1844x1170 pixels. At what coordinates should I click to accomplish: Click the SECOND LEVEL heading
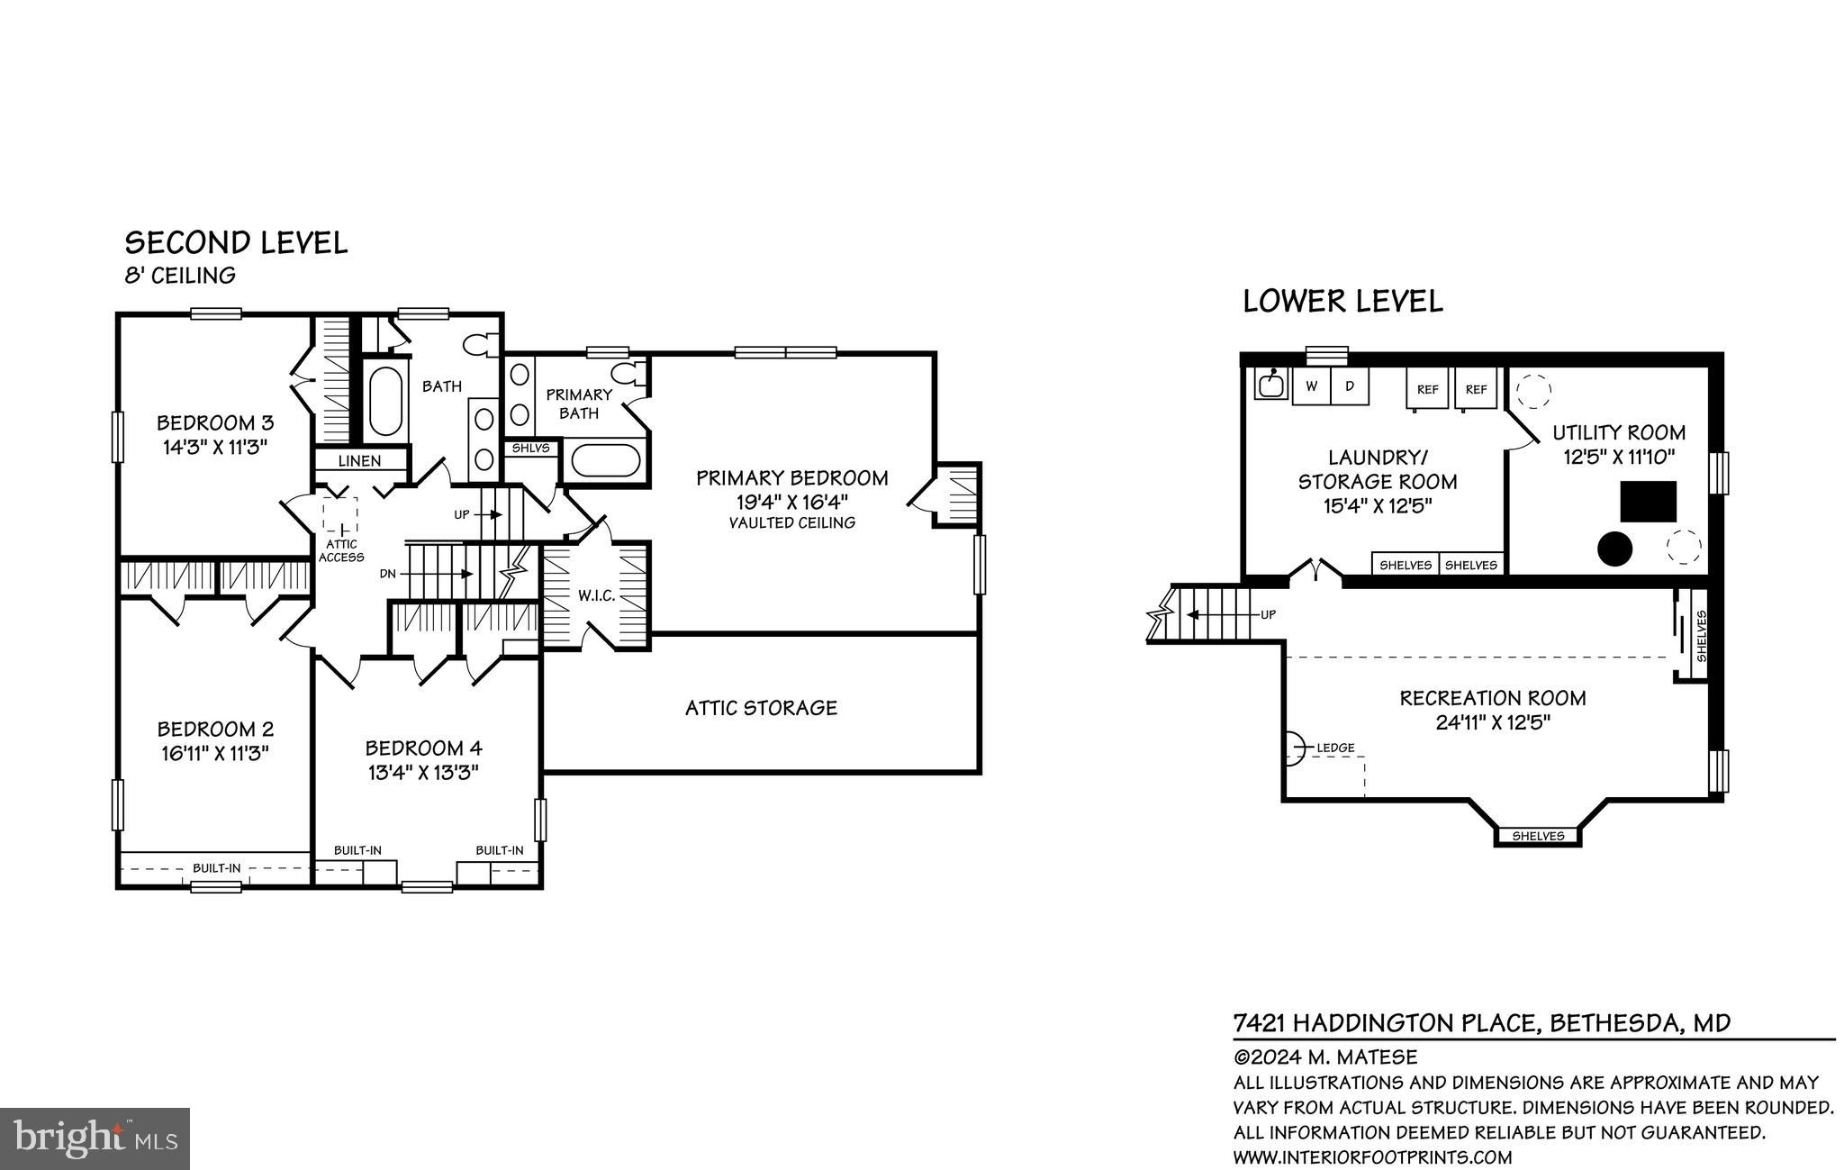coord(236,243)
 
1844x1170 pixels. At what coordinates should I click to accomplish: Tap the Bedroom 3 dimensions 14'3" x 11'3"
coord(214,447)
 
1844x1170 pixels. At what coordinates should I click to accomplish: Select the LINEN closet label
coord(359,460)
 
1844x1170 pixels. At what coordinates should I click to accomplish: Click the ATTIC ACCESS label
coord(341,550)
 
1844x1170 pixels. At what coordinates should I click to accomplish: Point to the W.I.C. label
coord(596,595)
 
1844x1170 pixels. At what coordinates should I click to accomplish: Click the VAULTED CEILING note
coord(791,523)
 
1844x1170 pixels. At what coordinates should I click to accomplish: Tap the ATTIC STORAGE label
coord(761,708)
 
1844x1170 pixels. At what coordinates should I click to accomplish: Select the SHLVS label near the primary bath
coord(530,448)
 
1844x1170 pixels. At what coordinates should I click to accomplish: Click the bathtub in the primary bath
coord(605,461)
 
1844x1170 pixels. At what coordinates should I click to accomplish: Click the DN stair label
coord(388,574)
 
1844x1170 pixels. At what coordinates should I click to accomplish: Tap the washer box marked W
coord(1312,386)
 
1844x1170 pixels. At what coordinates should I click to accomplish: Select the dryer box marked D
coord(1349,386)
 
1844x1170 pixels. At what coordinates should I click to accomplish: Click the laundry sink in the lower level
coord(1270,385)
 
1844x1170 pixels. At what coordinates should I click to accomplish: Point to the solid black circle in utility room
coord(1614,549)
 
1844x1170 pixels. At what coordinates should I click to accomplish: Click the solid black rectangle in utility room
coord(1648,502)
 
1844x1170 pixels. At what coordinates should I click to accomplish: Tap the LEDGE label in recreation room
coord(1335,748)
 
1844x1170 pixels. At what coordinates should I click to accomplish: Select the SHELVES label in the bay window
coord(1537,836)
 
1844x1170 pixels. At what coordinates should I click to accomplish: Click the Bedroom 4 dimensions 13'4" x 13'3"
coord(422,772)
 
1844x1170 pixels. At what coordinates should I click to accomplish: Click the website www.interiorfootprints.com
coord(1372,1157)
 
